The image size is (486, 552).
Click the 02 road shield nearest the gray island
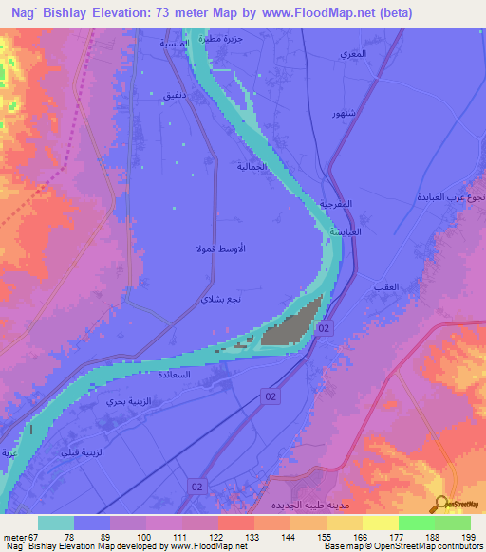point(325,327)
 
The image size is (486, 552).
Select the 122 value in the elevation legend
point(217,538)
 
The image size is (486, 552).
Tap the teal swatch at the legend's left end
point(56,523)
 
